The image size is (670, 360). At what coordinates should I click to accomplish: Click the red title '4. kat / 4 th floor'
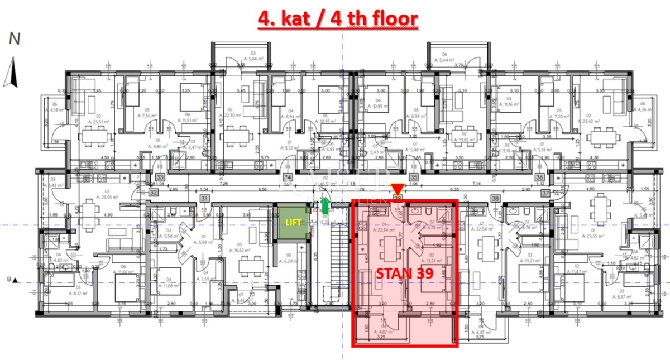(x=337, y=18)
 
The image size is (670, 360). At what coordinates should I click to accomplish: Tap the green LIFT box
(x=293, y=222)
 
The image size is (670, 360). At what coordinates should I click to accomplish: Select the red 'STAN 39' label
(x=402, y=274)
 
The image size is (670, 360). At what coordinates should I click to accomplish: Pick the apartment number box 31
(x=205, y=198)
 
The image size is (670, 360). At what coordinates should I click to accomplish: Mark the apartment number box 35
(x=414, y=179)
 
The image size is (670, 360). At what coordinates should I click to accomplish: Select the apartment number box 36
(x=539, y=179)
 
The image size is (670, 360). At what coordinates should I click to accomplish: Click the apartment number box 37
(x=545, y=193)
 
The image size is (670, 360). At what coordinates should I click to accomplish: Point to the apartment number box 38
(x=495, y=198)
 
